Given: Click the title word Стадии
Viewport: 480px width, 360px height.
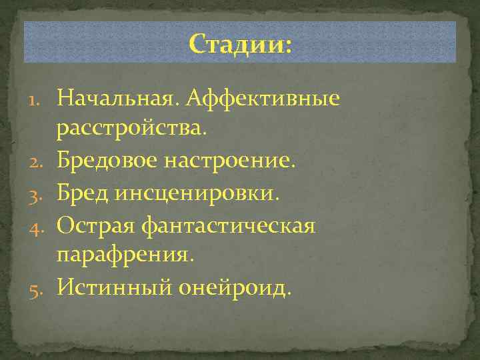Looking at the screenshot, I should tap(236, 45).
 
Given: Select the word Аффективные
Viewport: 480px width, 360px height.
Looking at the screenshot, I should tap(263, 99).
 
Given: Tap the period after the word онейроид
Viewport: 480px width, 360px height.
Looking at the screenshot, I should tap(289, 294).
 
